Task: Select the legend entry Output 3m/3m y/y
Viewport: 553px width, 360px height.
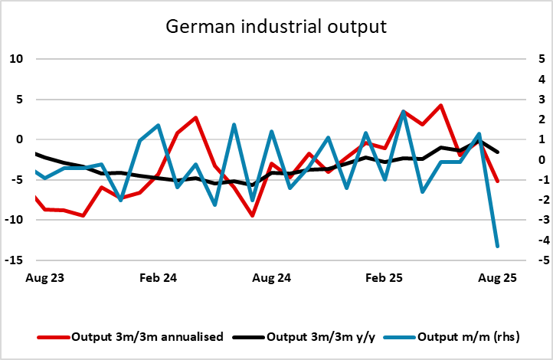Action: pyautogui.click(x=322, y=336)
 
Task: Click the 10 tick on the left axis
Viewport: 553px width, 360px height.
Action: pyautogui.click(x=18, y=59)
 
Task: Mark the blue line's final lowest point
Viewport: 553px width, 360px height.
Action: pyautogui.click(x=498, y=246)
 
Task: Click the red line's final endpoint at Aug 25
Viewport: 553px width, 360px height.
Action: pyautogui.click(x=498, y=182)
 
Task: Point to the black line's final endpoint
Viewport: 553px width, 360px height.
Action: pyautogui.click(x=498, y=152)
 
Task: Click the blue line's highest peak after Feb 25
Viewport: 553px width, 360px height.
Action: pyautogui.click(x=404, y=112)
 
